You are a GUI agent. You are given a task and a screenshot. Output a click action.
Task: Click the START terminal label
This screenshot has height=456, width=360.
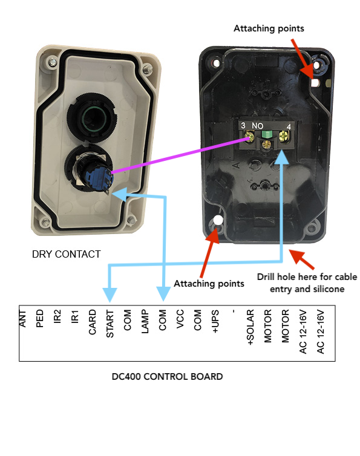[110, 324]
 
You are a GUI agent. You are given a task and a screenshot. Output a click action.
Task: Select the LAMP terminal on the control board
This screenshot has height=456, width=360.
[145, 321]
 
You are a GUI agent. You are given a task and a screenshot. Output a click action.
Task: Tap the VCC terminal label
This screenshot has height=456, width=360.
[180, 319]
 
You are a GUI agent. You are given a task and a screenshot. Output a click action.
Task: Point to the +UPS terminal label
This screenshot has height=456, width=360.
[215, 321]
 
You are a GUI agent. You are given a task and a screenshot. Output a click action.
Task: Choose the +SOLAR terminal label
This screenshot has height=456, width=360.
[250, 327]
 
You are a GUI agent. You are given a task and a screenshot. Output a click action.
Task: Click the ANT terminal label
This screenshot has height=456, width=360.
[22, 319]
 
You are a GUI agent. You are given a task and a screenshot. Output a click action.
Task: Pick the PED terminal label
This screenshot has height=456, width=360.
[39, 319]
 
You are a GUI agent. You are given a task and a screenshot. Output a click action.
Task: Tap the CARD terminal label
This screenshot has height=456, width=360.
[92, 322]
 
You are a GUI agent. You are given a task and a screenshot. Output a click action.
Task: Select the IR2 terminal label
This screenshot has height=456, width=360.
[57, 316]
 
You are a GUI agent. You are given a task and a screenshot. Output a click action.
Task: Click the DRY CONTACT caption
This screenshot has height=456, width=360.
[67, 254]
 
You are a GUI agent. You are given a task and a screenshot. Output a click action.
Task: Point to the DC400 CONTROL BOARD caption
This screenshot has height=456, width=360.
[168, 377]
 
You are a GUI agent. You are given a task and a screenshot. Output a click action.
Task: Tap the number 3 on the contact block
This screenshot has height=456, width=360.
[243, 125]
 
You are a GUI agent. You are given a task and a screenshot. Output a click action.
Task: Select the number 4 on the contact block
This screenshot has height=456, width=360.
[289, 127]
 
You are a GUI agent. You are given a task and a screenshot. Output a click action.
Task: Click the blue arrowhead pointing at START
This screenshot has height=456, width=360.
[110, 295]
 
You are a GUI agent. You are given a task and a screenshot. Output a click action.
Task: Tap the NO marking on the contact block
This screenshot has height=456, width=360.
[258, 126]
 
